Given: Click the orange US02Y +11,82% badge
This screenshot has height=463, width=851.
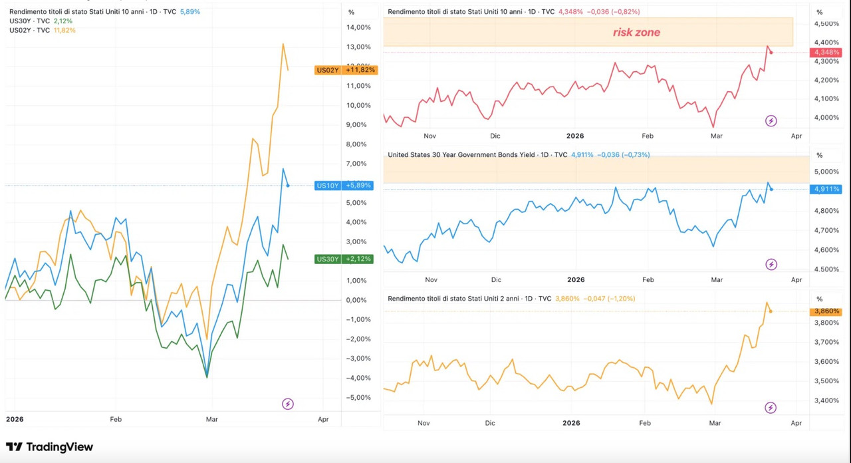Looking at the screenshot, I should pos(346,70).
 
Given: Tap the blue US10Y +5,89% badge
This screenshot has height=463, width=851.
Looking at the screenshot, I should pos(344,186).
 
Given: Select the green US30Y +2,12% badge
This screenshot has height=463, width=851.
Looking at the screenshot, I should pos(344,259).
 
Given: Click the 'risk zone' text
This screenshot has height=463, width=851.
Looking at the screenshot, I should pos(636,33).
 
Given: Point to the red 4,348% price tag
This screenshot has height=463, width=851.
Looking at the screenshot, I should pos(826,53).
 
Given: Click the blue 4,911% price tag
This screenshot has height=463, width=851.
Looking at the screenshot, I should pos(826,190).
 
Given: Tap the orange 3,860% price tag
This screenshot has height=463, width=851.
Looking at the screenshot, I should pos(826,311).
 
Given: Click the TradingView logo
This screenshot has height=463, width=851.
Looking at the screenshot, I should pos(49,447).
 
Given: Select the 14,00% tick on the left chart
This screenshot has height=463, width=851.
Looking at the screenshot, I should pos(358,27).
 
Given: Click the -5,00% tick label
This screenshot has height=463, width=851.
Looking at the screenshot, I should pos(358,398).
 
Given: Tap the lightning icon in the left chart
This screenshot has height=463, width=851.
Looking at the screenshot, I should pos(288,404).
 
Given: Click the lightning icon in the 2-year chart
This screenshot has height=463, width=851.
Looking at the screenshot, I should pos(771,408).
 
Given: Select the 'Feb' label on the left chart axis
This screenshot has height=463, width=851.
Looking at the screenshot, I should pos(116,420).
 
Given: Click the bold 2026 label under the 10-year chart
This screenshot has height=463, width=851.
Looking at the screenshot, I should pos(575,136).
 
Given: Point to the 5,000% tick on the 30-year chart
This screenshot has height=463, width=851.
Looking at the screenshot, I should pos(826,172).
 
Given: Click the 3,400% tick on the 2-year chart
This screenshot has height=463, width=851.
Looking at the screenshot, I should pos(826,400).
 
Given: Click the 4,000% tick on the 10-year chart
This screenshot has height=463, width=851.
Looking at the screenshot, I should pos(826,118).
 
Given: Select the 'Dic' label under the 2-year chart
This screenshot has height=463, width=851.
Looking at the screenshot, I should pos(490,423).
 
